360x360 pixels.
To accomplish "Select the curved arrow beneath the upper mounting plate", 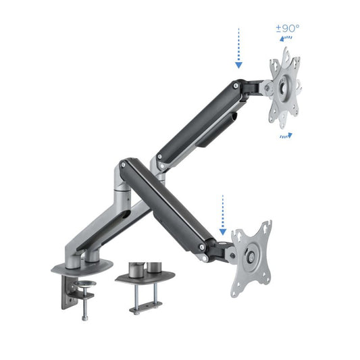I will pyautogui.click(x=286, y=135).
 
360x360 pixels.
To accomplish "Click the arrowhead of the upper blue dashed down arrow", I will pyautogui.click(x=238, y=67).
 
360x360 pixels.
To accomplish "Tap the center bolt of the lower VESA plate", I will pyautogui.click(x=252, y=257).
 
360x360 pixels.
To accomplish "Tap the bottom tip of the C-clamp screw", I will pyautogui.click(x=85, y=319).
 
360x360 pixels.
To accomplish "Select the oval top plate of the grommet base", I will pyautogui.click(x=145, y=277).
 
